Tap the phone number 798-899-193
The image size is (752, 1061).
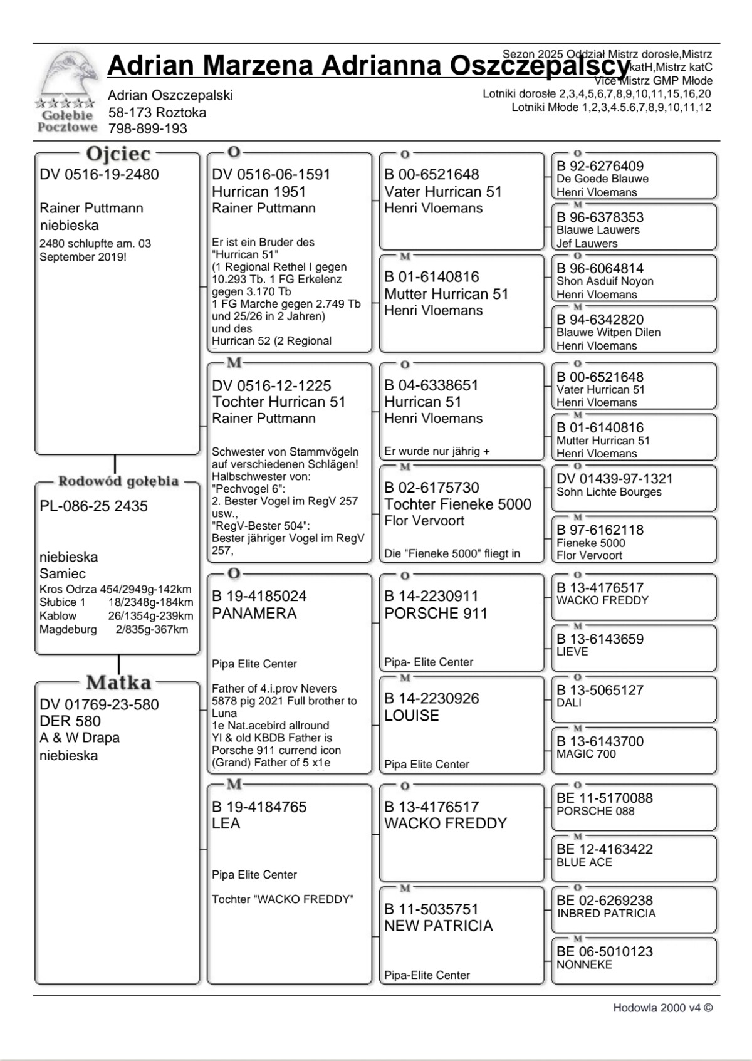(147, 129)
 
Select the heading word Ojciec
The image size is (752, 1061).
(118, 154)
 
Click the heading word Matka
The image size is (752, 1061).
(118, 682)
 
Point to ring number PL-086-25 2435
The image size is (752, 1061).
(93, 506)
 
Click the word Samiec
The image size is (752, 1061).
(63, 573)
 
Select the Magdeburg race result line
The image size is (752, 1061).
(113, 630)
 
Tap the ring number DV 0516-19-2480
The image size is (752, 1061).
(99, 175)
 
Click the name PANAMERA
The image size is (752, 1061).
(254, 614)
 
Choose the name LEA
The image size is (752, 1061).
(226, 823)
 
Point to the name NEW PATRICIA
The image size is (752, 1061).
(438, 926)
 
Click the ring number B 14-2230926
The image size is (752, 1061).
(431, 699)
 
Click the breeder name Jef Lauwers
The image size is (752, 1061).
(587, 243)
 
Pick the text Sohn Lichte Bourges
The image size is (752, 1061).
(608, 492)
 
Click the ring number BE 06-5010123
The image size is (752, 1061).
(604, 952)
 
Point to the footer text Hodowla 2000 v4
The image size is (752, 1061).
(662, 1008)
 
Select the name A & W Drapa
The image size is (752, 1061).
(79, 738)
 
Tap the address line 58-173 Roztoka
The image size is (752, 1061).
(157, 113)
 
